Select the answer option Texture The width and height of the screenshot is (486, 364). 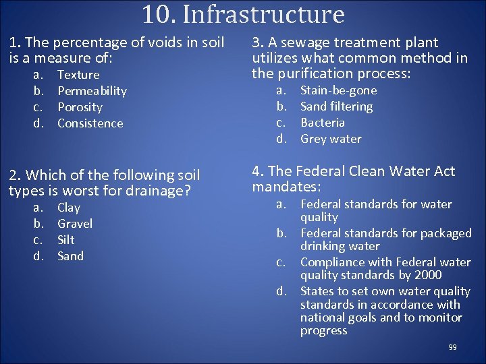[78, 75]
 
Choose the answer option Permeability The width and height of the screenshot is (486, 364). [92, 91]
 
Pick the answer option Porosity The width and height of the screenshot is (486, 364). [80, 107]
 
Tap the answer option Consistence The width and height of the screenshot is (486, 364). [90, 123]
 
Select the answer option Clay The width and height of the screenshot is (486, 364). [69, 208]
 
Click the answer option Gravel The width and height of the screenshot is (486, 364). [75, 224]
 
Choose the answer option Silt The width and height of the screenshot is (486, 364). [66, 240]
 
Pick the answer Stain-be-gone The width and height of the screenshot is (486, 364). [338, 90]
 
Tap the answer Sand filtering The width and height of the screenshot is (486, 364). [336, 107]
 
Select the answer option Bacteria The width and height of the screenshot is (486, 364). [322, 123]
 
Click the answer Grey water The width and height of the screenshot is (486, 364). [331, 139]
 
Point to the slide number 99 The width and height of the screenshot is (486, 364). [452, 347]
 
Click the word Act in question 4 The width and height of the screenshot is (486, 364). [443, 171]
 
